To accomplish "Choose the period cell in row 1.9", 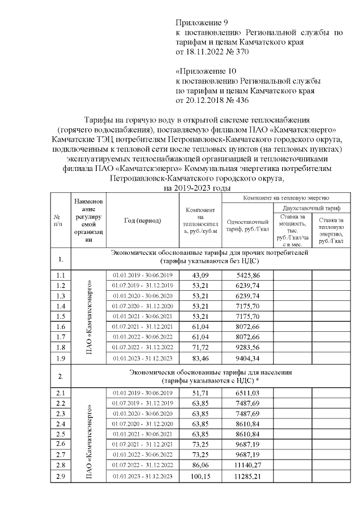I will point(143,358).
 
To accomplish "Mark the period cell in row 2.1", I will point(143,393).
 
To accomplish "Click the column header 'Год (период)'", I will point(143,220).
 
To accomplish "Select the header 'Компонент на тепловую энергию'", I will point(286,198).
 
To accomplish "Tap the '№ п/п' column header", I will point(57,220).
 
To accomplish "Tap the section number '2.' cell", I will point(61,375).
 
